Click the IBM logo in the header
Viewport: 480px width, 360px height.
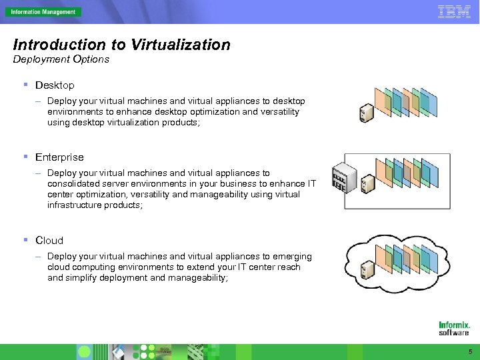click(x=453, y=11)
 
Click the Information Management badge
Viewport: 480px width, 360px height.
click(x=43, y=12)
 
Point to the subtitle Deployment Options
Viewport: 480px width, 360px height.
click(x=61, y=59)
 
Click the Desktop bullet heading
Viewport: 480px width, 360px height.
click(x=55, y=85)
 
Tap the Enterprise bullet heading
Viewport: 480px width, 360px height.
click(x=59, y=157)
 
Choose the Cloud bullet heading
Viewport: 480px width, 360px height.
click(x=49, y=240)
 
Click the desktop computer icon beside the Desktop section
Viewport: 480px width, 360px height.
click(x=365, y=113)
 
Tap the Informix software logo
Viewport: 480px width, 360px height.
click(x=453, y=328)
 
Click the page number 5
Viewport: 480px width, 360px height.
click(x=470, y=351)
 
